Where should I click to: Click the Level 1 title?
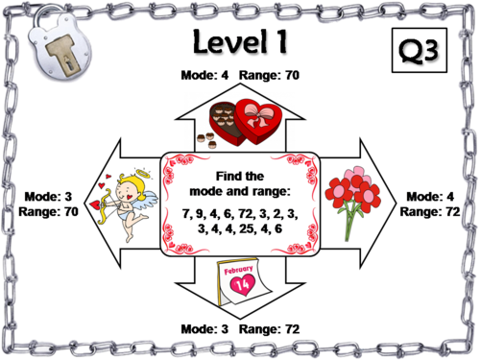[x=240, y=44]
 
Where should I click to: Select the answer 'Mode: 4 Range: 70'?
[x=240, y=74]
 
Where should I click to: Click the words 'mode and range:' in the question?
[x=240, y=191]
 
